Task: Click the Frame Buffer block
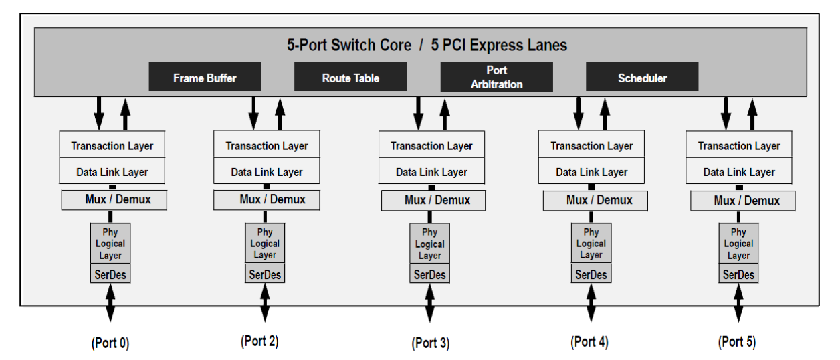pyautogui.click(x=205, y=77)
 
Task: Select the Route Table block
pyautogui.click(x=350, y=77)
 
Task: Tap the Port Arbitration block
pyautogui.click(x=496, y=77)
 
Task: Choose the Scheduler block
pyautogui.click(x=642, y=77)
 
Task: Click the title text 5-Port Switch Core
pyautogui.click(x=349, y=46)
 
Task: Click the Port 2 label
pyautogui.click(x=259, y=341)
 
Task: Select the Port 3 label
pyautogui.click(x=430, y=343)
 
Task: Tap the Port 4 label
pyautogui.click(x=589, y=341)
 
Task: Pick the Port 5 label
pyautogui.click(x=737, y=341)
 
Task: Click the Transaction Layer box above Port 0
pyautogui.click(x=112, y=145)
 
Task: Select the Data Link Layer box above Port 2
pyautogui.click(x=267, y=172)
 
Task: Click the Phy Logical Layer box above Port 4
pyautogui.click(x=591, y=243)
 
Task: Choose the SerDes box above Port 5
pyautogui.click(x=738, y=274)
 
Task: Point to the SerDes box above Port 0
pyautogui.click(x=110, y=274)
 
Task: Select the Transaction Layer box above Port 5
pyautogui.click(x=739, y=145)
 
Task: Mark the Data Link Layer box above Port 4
pyautogui.click(x=592, y=172)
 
